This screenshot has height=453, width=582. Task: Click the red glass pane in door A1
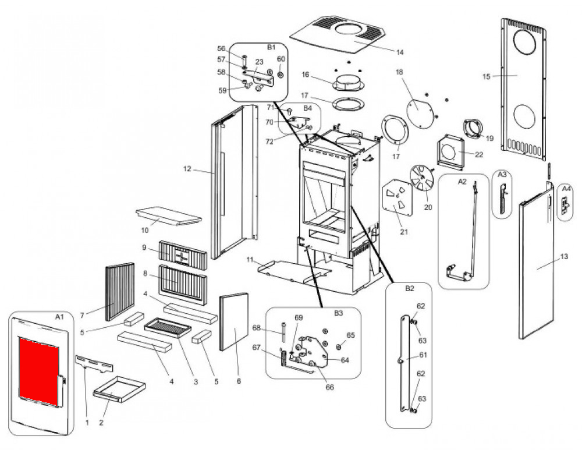point(38,371)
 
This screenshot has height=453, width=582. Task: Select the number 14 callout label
point(399,52)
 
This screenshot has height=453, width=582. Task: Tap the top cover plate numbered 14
point(337,35)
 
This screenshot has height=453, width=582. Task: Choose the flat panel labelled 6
point(234,321)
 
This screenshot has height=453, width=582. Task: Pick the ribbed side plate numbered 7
point(120,292)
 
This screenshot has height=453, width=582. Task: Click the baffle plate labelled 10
point(169,215)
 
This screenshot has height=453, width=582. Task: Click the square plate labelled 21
point(397,197)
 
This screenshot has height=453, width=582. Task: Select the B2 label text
point(409,289)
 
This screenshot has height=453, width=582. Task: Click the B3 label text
point(339,313)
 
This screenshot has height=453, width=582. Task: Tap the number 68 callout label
point(257,328)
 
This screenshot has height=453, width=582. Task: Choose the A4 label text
point(566,189)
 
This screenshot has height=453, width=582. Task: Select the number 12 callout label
point(187,169)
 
